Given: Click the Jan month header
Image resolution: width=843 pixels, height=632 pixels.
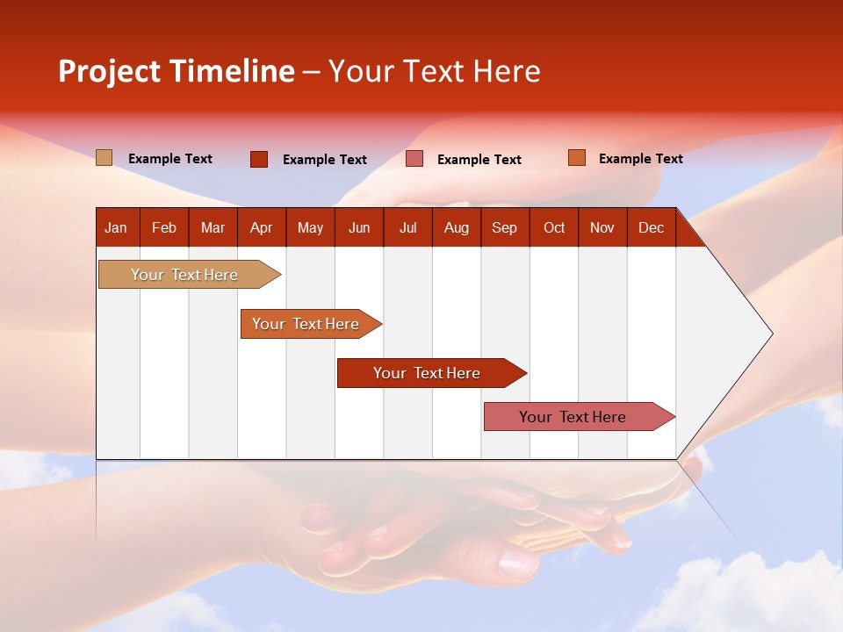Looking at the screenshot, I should pyautogui.click(x=116, y=228).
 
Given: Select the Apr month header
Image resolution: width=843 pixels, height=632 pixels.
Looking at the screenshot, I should pyautogui.click(x=261, y=228).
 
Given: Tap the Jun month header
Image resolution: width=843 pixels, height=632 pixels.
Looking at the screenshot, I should pyautogui.click(x=359, y=228).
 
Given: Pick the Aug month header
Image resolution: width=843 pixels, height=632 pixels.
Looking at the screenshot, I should pyautogui.click(x=456, y=228).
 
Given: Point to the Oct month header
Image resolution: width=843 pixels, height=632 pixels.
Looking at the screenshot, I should pyautogui.click(x=554, y=228).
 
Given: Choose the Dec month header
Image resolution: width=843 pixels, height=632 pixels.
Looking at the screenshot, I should pyautogui.click(x=651, y=228).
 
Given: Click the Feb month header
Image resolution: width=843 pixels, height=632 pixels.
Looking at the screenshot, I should pyautogui.click(x=164, y=228).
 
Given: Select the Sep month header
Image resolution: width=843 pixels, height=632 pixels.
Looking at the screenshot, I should pyautogui.click(x=504, y=228).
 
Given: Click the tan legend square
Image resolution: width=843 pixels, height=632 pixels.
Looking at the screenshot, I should pyautogui.click(x=104, y=158).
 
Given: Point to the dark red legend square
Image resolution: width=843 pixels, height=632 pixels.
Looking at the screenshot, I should pyautogui.click(x=259, y=159).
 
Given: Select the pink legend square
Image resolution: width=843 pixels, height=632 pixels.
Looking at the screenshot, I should pyautogui.click(x=414, y=159).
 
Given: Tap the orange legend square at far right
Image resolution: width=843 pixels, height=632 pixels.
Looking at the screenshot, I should pyautogui.click(x=577, y=158).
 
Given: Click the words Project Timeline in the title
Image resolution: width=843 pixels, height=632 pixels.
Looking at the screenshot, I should pyautogui.click(x=177, y=71).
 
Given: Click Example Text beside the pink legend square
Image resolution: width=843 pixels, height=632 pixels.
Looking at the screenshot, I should pyautogui.click(x=479, y=160).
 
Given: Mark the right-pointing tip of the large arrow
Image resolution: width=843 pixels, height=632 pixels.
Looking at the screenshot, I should pyautogui.click(x=770, y=334).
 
